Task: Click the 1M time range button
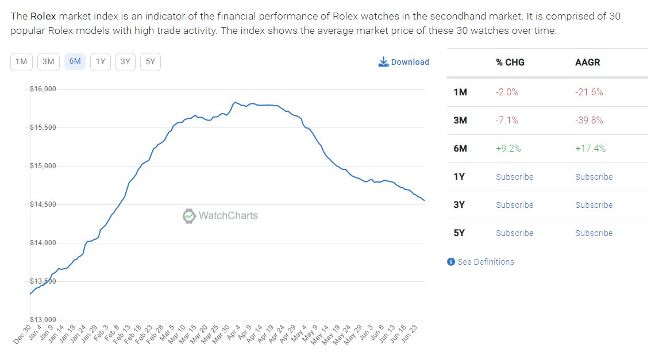[x=21, y=62]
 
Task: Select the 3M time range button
[x=48, y=62]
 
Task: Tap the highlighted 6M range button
[x=75, y=62]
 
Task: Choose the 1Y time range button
[x=101, y=62]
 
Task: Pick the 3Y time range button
[x=125, y=62]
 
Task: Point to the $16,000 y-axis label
[x=43, y=89]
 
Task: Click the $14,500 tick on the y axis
[x=43, y=204]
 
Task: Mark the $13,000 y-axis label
[x=43, y=320]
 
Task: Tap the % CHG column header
[x=510, y=63]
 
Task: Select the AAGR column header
[x=587, y=63]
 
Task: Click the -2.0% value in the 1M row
[x=507, y=92]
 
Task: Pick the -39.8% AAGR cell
[x=589, y=121]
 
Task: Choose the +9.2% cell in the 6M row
[x=508, y=149]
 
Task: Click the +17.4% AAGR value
[x=590, y=149]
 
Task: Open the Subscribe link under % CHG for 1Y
[x=514, y=177]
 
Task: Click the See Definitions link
[x=485, y=262]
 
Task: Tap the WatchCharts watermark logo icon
[x=189, y=216]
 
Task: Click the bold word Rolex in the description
[x=43, y=16]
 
